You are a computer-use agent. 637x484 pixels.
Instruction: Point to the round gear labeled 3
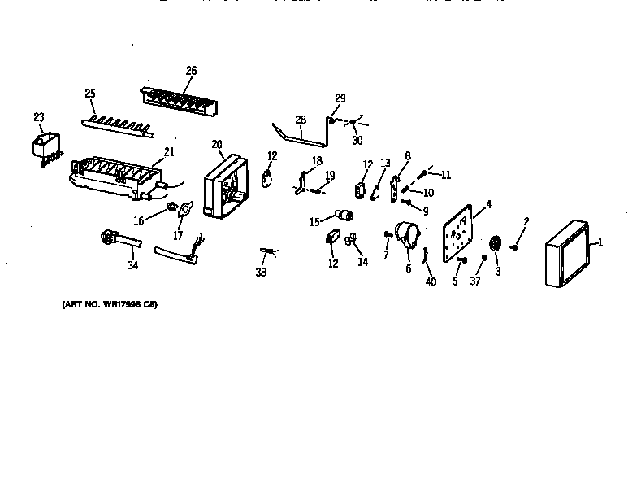495,246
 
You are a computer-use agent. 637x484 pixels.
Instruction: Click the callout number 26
191,71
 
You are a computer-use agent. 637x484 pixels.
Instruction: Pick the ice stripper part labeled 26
180,101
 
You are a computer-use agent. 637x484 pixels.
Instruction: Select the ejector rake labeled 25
116,123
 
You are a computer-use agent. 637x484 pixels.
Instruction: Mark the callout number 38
261,273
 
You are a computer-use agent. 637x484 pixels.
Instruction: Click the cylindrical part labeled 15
345,216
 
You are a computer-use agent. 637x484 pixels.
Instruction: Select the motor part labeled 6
408,235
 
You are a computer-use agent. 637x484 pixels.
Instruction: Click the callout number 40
431,282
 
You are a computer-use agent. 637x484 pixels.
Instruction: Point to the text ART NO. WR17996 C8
110,304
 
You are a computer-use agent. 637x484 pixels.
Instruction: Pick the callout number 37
476,281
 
